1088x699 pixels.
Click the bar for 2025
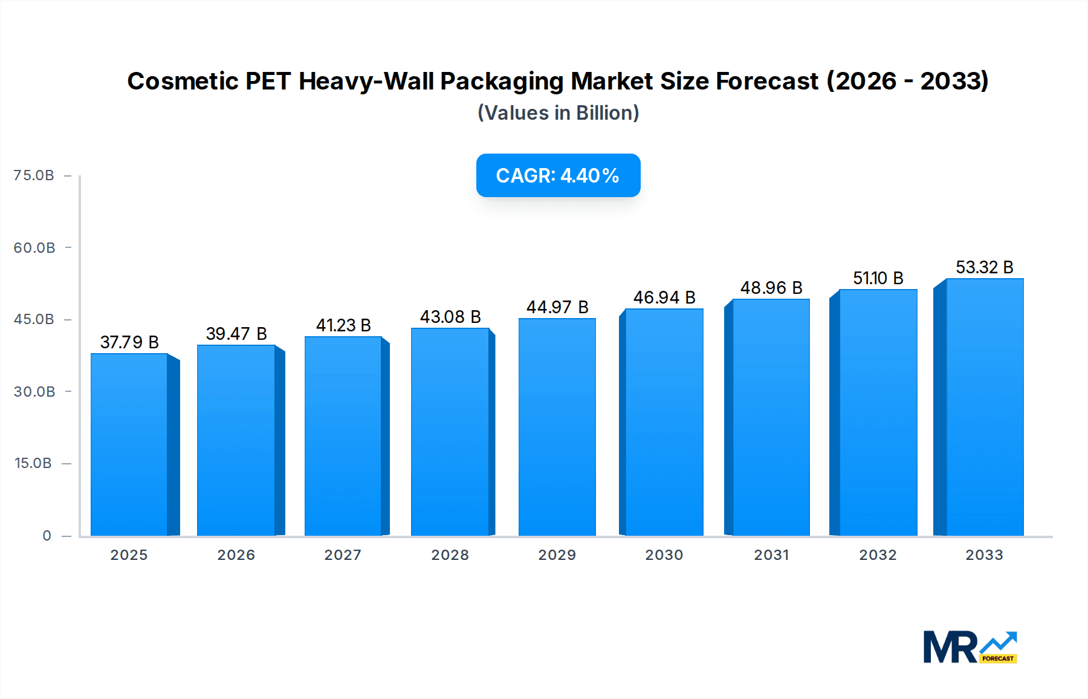coord(129,444)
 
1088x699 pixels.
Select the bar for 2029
coord(557,427)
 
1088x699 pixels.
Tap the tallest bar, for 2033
coord(984,407)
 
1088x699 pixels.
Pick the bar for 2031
coord(771,417)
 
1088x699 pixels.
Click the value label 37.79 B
coord(129,342)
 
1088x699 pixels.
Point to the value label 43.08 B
coord(450,317)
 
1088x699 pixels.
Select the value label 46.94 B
coord(664,297)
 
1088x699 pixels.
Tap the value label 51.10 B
coord(878,278)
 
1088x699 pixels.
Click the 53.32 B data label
coord(984,267)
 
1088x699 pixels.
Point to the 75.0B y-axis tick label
coord(34,175)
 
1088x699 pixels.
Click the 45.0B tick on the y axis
coord(34,319)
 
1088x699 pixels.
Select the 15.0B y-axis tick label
coord(33,463)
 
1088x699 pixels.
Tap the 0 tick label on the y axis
coord(47,536)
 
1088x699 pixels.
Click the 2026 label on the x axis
coord(236,555)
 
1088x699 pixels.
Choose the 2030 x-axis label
coord(664,555)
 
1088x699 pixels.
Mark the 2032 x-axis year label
coord(878,555)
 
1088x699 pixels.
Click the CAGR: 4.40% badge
coord(558,175)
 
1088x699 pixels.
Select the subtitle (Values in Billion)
coord(558,113)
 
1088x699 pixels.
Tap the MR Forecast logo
coord(970,647)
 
